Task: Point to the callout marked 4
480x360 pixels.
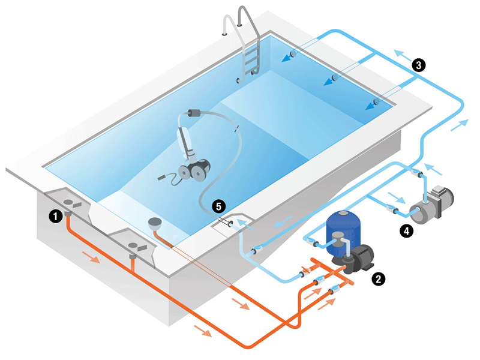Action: [x=407, y=230]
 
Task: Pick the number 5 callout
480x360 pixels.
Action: [x=220, y=206]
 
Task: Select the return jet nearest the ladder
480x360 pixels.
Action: [x=292, y=56]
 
